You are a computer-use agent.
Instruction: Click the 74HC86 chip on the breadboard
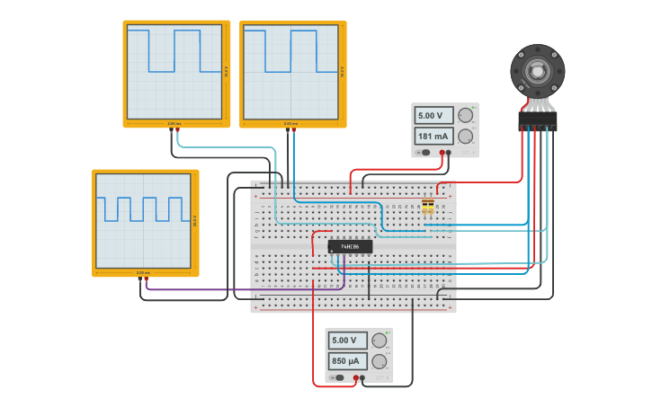click(x=350, y=246)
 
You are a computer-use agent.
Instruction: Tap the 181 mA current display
click(x=433, y=137)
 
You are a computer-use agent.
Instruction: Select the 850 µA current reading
click(x=346, y=361)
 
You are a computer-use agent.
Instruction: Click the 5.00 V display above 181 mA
click(x=433, y=116)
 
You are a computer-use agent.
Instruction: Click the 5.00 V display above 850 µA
click(x=346, y=341)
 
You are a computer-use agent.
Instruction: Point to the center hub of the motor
click(x=538, y=70)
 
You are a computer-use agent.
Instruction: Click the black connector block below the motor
click(x=538, y=119)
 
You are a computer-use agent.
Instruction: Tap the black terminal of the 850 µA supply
click(x=362, y=378)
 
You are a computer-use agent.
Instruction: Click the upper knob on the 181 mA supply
click(x=465, y=115)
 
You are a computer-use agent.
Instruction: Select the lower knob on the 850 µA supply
click(x=379, y=361)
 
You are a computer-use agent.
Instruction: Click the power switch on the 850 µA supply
click(x=339, y=377)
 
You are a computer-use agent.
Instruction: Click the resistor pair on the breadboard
click(x=427, y=208)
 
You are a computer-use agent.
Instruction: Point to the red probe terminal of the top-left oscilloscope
click(x=177, y=130)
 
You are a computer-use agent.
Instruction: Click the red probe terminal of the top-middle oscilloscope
click(x=293, y=130)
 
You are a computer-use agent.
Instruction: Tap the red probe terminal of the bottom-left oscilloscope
click(x=146, y=279)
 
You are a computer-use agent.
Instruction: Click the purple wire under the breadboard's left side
click(x=243, y=289)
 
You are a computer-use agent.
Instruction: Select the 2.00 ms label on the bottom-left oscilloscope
click(x=142, y=272)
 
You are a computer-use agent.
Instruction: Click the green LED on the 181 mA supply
click(x=473, y=108)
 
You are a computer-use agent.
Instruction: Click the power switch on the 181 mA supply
click(x=426, y=153)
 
